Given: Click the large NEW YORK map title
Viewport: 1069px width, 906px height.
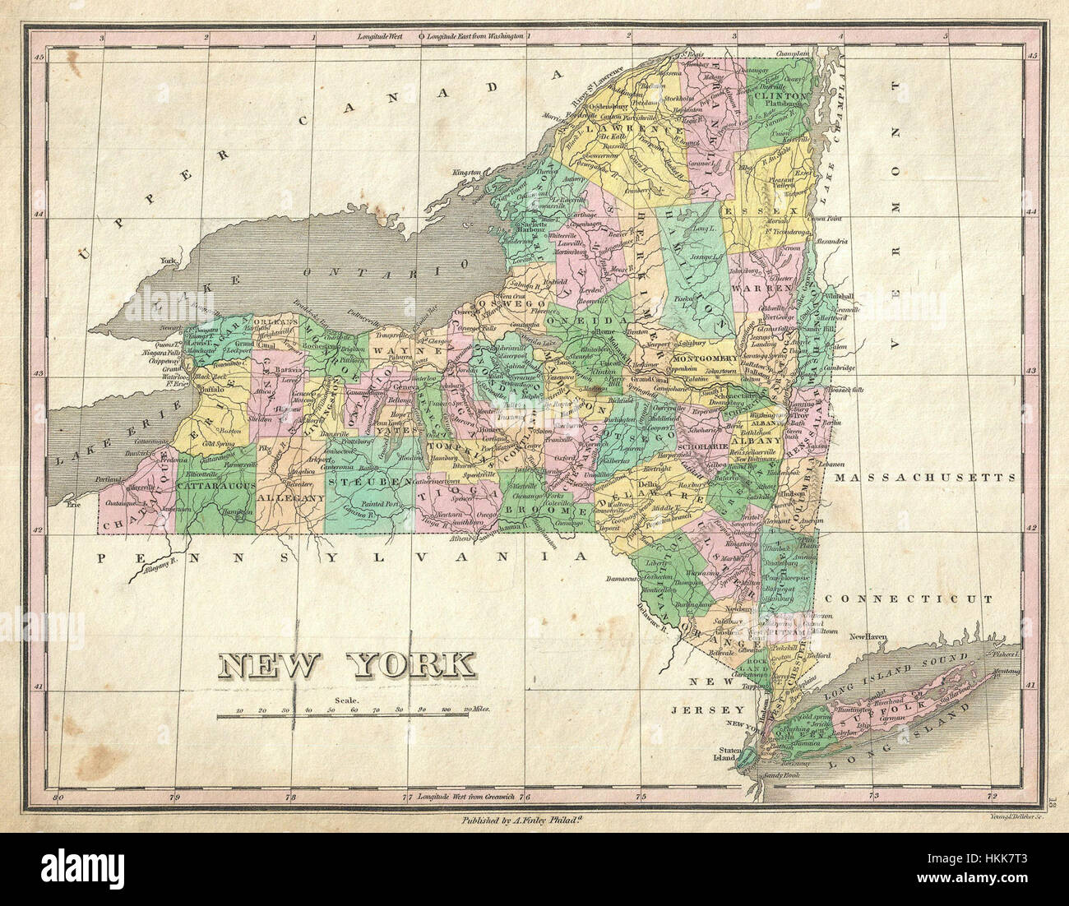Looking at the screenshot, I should tap(349, 665).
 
